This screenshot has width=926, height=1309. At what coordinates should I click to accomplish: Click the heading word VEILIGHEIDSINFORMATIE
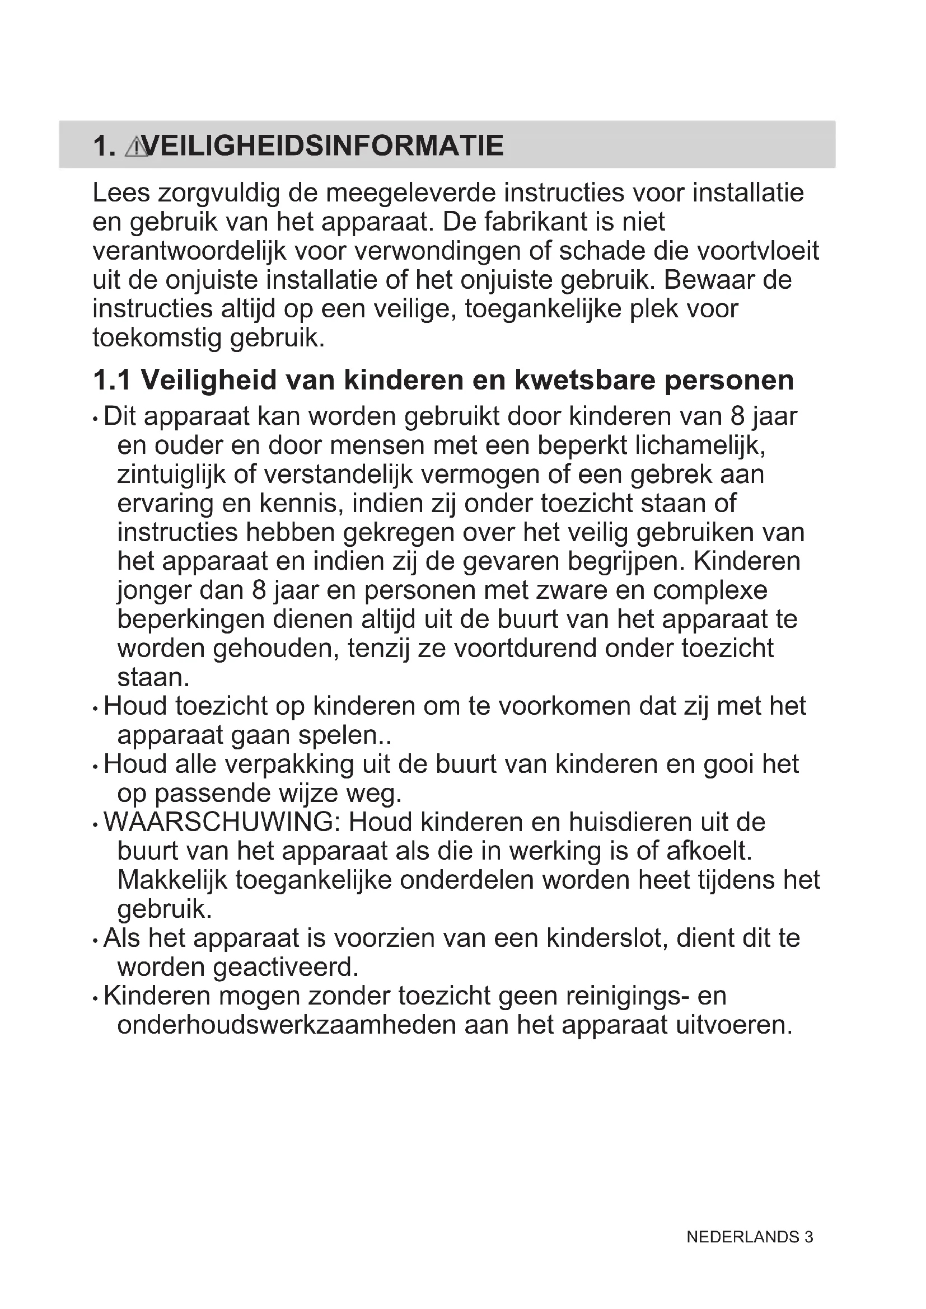pyautogui.click(x=322, y=146)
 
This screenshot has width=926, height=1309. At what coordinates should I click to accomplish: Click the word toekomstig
pyautogui.click(x=157, y=338)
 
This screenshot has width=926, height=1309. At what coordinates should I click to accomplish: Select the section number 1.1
pyautogui.click(x=112, y=380)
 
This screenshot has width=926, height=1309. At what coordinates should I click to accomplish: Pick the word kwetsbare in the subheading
pyautogui.click(x=585, y=380)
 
